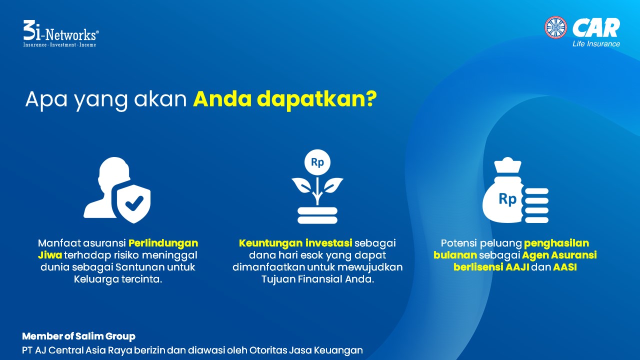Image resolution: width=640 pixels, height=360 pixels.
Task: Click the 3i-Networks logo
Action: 61,33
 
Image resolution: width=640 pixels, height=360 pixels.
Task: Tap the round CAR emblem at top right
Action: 555,27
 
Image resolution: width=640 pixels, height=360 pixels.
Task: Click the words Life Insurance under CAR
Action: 596,43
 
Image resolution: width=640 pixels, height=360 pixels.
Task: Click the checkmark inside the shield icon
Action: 134,203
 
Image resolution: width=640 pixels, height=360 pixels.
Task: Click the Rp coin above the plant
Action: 317,162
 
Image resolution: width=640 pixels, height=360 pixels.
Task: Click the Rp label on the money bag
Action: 507,198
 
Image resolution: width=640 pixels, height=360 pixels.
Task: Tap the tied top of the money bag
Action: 507,165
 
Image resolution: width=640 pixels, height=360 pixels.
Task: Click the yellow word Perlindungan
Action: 163,243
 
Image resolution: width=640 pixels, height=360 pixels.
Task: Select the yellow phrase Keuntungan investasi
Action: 295,243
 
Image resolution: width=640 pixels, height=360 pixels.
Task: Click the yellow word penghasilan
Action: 556,243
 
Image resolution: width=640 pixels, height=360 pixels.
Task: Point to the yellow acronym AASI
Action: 565,267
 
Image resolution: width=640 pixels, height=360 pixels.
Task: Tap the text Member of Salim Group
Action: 78,336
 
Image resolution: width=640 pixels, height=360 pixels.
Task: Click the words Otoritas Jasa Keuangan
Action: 306,350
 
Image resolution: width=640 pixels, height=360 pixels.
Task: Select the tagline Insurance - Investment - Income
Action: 59,44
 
